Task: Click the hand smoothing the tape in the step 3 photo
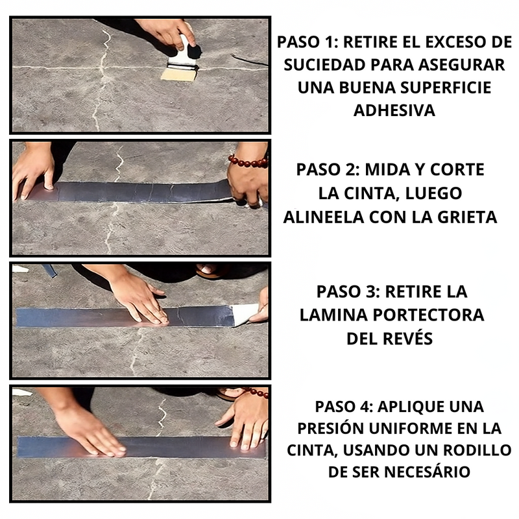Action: (x=138, y=297)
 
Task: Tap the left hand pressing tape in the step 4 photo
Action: (x=88, y=429)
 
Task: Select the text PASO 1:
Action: (x=307, y=42)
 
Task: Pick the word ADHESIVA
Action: (x=394, y=110)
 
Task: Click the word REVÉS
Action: (x=407, y=338)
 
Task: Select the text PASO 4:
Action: (x=344, y=406)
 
